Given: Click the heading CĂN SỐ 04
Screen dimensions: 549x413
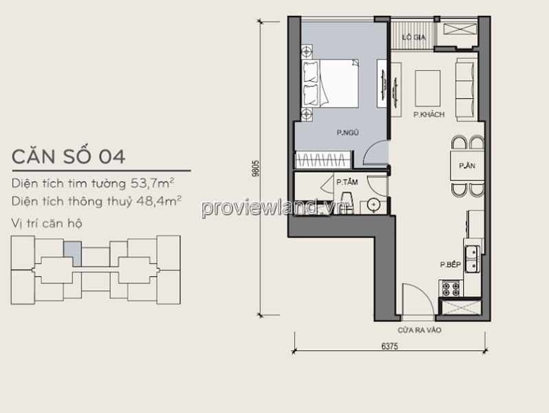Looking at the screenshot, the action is click(x=69, y=156).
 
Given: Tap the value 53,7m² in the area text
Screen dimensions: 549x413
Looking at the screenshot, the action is click(x=152, y=183).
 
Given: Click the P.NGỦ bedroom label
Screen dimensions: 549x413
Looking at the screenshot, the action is click(x=347, y=133).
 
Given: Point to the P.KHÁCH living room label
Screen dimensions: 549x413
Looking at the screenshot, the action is click(x=429, y=114).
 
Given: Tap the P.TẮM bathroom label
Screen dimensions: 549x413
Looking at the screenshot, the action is click(x=347, y=182).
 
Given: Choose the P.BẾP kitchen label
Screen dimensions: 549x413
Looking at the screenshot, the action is click(x=450, y=265).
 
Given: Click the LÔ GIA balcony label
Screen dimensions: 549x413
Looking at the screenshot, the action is click(x=414, y=37).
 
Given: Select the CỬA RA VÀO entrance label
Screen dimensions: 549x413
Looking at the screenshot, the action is click(x=420, y=330).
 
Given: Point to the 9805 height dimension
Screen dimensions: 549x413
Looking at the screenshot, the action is click(x=257, y=168).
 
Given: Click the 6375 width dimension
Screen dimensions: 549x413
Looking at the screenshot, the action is click(x=389, y=346).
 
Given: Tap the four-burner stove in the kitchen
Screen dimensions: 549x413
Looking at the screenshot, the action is click(x=451, y=288).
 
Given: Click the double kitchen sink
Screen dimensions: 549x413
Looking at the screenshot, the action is click(x=473, y=259).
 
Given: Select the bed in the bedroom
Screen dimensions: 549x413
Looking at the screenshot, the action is click(x=330, y=83).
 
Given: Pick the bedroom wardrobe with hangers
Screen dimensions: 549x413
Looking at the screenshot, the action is click(x=323, y=160).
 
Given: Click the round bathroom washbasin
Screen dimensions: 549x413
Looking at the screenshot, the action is click(x=375, y=205).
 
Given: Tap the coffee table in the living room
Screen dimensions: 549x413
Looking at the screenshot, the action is click(x=427, y=88).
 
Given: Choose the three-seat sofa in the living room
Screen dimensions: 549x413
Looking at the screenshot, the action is click(x=466, y=89).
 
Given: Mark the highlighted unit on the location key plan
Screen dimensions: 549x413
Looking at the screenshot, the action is click(x=73, y=253).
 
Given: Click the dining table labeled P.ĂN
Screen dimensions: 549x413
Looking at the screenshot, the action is click(x=467, y=165).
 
